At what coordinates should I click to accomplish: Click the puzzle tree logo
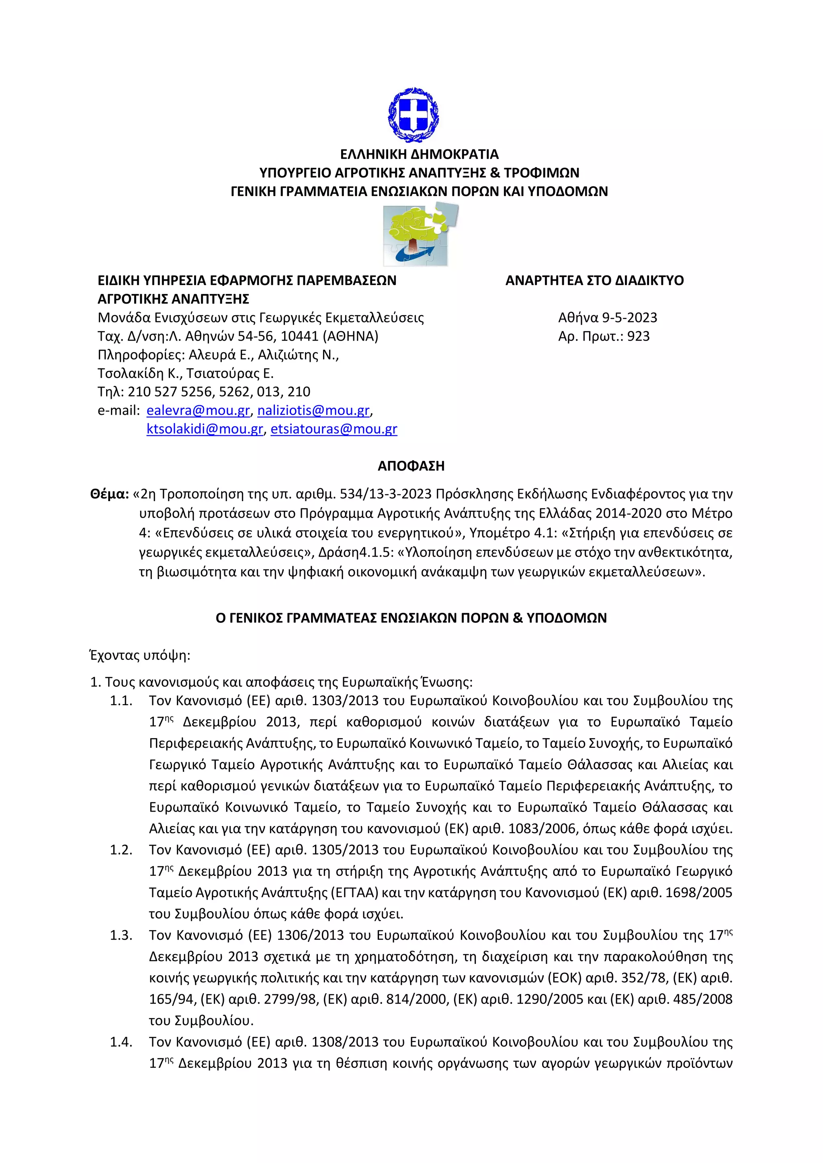tap(420, 235)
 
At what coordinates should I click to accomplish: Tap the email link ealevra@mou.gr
tap(198, 410)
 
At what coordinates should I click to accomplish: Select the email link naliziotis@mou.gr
tap(313, 410)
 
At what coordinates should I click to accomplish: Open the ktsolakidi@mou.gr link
tap(205, 429)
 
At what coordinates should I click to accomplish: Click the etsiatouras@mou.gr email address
tap(334, 429)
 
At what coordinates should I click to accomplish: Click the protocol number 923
tap(638, 337)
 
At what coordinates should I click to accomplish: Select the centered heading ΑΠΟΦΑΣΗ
tap(411, 466)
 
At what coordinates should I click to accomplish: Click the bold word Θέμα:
tap(109, 494)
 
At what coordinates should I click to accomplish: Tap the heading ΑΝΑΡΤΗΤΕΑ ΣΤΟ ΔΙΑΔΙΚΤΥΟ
tap(594, 281)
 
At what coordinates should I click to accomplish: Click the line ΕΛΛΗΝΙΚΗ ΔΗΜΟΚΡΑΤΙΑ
tap(419, 154)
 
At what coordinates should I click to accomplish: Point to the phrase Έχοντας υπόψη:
tap(140, 655)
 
